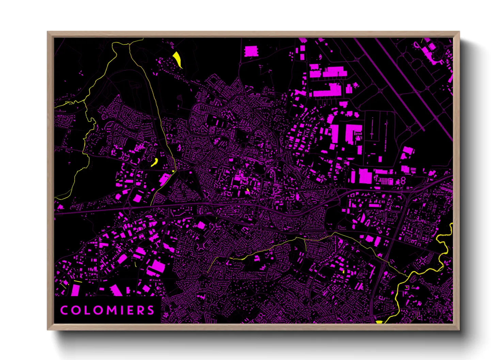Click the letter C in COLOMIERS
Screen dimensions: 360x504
64,310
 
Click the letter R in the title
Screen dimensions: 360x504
141,310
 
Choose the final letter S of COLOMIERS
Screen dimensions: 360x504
151,310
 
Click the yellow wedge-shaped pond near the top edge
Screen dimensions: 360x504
177,58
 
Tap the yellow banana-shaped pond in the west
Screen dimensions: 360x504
155,162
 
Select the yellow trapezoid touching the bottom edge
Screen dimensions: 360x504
379,322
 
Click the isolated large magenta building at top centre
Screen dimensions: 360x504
251,51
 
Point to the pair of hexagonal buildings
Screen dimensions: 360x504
403,180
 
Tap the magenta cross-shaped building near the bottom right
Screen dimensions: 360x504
437,297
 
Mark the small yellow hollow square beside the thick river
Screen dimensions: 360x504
407,288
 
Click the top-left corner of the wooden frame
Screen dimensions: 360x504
48,32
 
